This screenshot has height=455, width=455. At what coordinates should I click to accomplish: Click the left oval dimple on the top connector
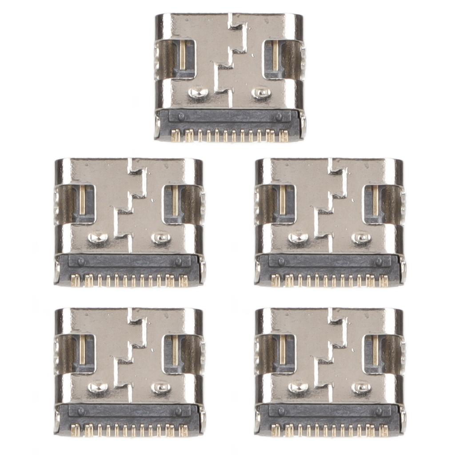[x=198, y=93]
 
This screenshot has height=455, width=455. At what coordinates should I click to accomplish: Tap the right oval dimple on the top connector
[x=261, y=93]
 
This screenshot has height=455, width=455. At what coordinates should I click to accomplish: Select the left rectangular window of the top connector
[x=183, y=59]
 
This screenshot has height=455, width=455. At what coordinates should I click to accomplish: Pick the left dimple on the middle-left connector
[x=97, y=238]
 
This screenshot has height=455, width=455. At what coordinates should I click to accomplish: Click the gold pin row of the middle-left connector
[x=129, y=280]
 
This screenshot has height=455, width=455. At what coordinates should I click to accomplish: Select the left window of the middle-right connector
[x=283, y=204]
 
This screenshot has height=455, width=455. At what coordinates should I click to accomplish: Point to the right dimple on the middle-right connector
[x=362, y=238]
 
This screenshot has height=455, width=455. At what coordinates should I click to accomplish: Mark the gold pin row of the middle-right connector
[x=330, y=280]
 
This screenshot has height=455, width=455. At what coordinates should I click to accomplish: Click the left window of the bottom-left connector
[x=82, y=354]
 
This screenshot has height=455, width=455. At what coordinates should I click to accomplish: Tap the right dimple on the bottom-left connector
[x=161, y=387]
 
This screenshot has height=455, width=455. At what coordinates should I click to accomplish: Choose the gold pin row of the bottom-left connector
[x=129, y=430]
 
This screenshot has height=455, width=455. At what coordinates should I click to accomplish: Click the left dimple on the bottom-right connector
[x=298, y=387]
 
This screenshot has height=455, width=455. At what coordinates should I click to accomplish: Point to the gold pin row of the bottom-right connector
[x=330, y=430]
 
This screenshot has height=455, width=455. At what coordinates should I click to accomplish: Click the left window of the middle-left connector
[x=82, y=204]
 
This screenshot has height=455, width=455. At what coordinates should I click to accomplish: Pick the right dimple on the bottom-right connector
[x=362, y=387]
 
